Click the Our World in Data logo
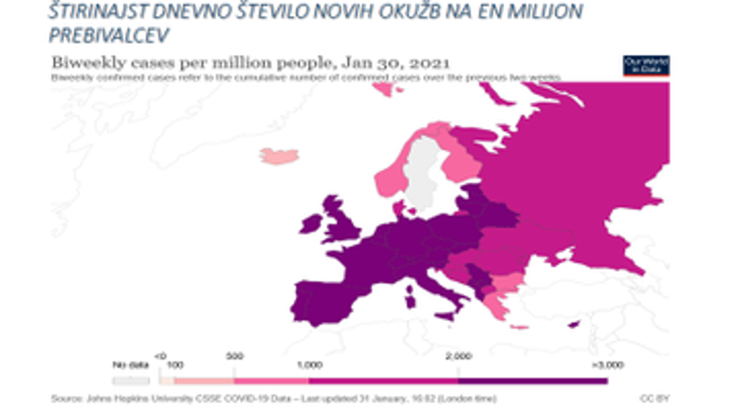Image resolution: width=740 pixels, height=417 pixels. tap(646, 65)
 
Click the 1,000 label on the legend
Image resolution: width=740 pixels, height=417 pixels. tap(309, 366)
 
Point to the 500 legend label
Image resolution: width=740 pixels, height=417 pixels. tap(235, 356)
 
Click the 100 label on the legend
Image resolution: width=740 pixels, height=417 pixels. tap(175, 366)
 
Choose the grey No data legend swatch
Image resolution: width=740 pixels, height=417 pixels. tap(131, 380)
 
